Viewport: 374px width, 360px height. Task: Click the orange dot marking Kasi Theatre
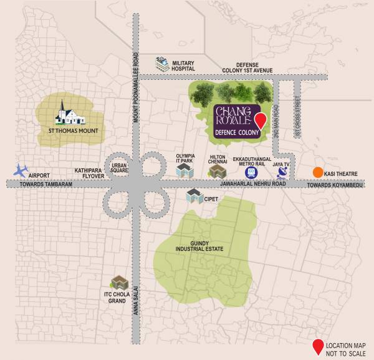click(x=318, y=173)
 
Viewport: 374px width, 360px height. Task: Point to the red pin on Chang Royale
click(x=262, y=121)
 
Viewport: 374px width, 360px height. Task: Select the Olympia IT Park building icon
click(x=183, y=169)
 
